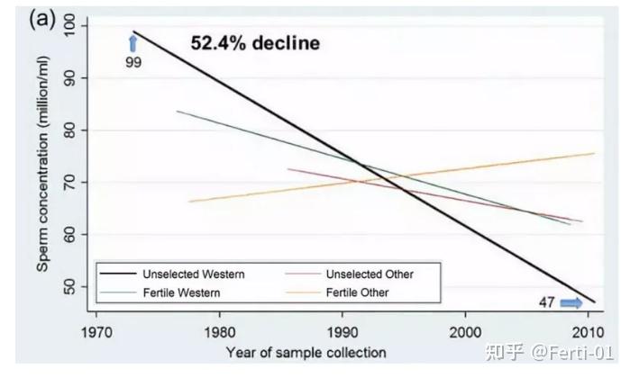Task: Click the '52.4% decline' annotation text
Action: [x=255, y=42]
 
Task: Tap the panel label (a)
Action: [x=43, y=19]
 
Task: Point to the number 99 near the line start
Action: [x=132, y=62]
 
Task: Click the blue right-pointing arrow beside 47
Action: [x=571, y=302]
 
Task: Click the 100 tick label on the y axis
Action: [x=73, y=27]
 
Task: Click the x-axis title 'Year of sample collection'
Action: [x=306, y=352]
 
